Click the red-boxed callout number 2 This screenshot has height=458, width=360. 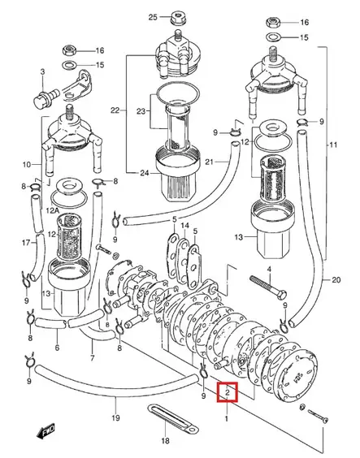click(229, 394)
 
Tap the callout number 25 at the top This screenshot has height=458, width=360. click(153, 16)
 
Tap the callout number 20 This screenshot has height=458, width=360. click(336, 281)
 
